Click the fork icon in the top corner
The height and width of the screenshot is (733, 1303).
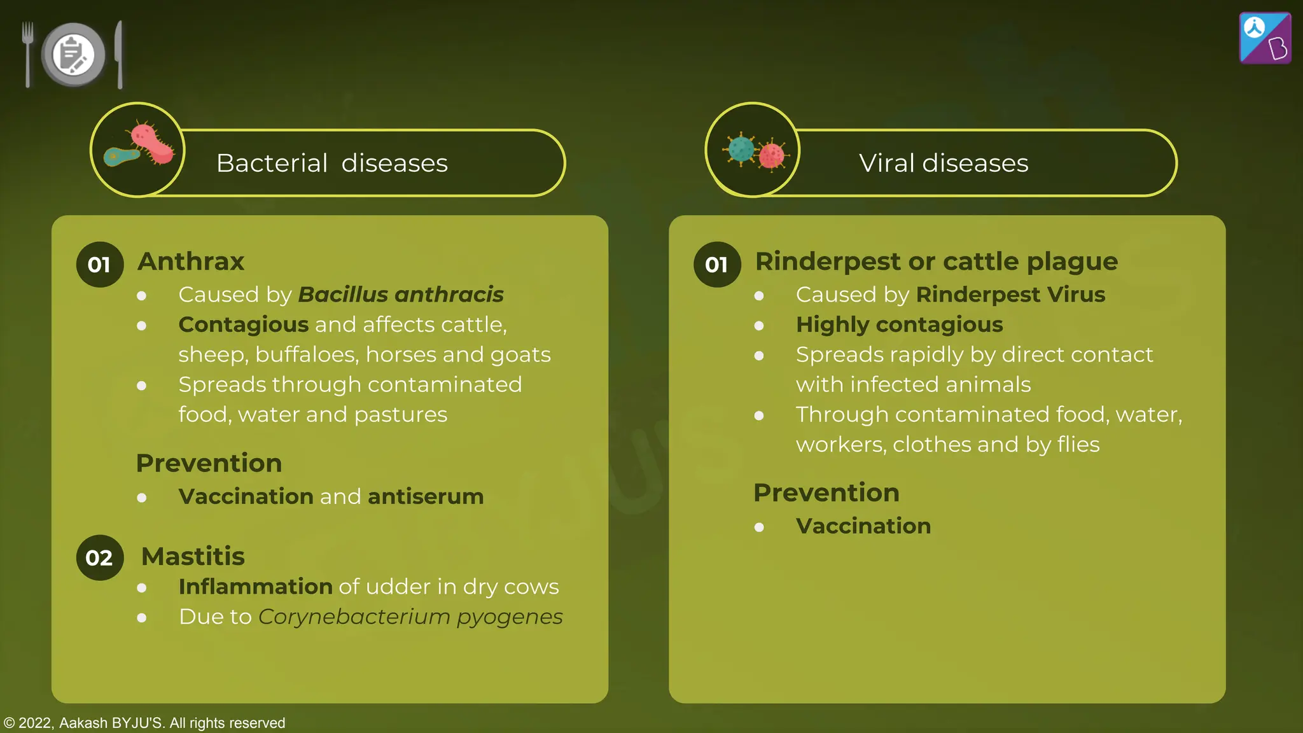[27, 53]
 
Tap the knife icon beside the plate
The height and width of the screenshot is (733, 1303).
[119, 55]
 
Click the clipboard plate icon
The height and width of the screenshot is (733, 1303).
[73, 55]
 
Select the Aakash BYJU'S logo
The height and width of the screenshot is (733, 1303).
[1265, 38]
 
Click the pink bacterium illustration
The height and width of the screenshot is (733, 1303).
[151, 144]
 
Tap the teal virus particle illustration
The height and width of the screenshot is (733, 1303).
[741, 150]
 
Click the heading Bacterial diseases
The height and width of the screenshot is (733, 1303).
[331, 164]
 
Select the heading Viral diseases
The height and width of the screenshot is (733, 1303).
[943, 164]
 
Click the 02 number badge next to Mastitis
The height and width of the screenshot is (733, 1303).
[100, 557]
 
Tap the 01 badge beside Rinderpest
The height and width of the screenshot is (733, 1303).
[717, 265]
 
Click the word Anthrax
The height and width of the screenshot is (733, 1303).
[191, 262]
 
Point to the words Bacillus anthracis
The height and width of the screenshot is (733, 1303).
[401, 295]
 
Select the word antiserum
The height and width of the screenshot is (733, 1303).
[426, 496]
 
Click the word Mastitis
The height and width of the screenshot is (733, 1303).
[193, 556]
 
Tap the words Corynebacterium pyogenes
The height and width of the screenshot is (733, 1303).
[410, 617]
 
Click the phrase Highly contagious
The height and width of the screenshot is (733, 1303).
[899, 325]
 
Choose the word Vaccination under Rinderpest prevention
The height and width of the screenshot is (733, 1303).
[863, 526]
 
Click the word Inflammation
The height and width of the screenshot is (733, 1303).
[255, 587]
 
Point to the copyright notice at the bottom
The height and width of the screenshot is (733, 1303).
[144, 723]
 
